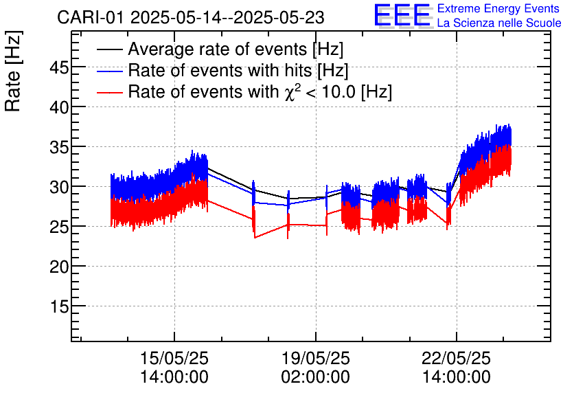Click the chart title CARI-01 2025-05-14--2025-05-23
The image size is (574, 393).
point(191,17)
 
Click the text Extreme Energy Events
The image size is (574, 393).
point(498,9)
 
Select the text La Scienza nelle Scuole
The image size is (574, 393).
point(498,23)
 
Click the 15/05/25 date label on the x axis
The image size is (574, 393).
point(174,359)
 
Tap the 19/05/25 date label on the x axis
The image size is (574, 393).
point(315,359)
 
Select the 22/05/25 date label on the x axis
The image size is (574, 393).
point(456,359)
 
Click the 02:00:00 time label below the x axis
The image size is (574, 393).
point(315,377)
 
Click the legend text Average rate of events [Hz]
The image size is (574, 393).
point(236,49)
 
